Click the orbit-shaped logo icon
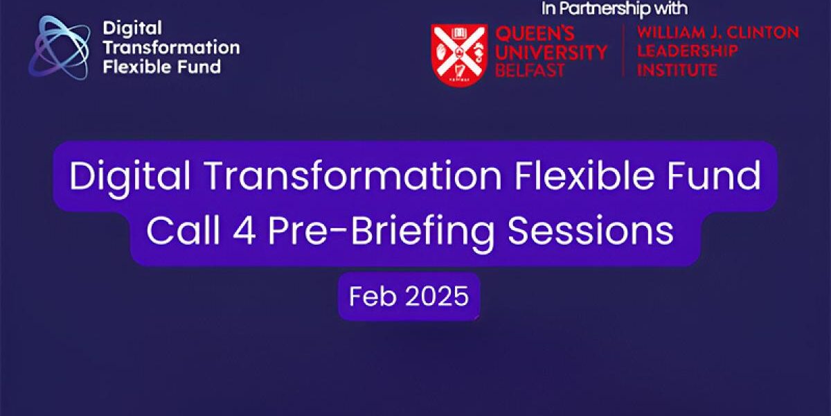coord(60,47)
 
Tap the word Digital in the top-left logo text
coord(122,28)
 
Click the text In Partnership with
coord(614,9)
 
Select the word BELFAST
coord(529,71)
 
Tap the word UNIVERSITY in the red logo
coord(551,52)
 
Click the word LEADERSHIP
coord(687,51)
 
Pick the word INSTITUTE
coord(677,70)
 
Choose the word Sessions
coord(591,231)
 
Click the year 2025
coord(437,297)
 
